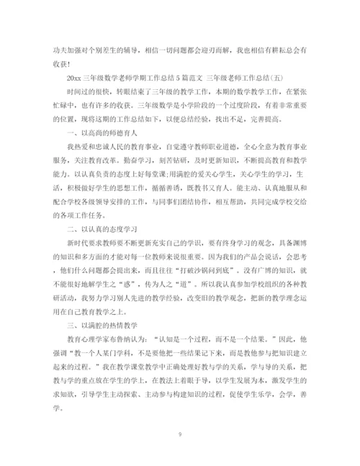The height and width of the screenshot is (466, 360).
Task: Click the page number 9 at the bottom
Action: click(x=180, y=434)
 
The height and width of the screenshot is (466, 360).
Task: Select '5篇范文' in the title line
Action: click(x=190, y=71)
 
